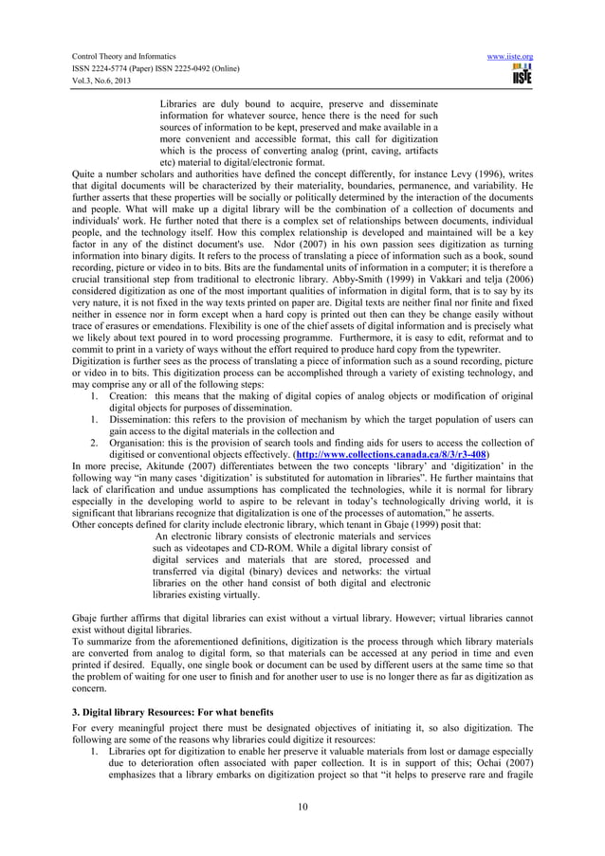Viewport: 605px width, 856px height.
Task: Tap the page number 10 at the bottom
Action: pos(302,808)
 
